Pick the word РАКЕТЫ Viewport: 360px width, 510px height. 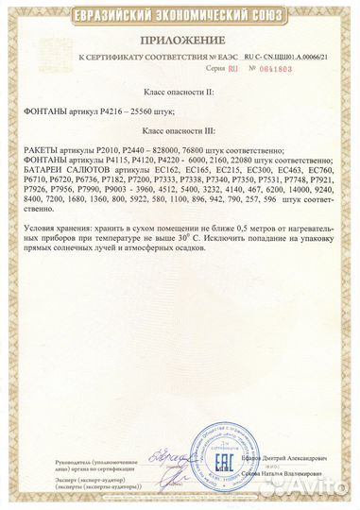pyautogui.click(x=39, y=152)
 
